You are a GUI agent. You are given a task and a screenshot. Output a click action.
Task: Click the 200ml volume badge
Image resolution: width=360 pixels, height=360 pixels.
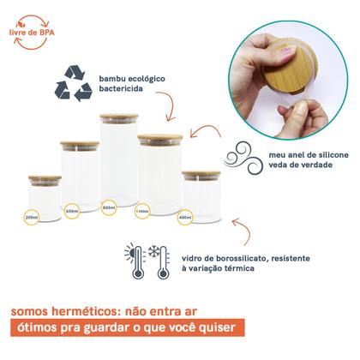click(32, 218)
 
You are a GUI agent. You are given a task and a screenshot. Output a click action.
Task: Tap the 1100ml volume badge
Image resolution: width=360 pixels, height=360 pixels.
click(142, 211)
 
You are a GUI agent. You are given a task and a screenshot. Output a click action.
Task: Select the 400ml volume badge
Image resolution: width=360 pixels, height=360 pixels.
click(185, 217)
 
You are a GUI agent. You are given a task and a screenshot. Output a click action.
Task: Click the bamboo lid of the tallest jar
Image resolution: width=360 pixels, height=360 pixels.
click(119, 117)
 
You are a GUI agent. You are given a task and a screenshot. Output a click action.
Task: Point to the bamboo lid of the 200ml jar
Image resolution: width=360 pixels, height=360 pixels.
click(45, 178)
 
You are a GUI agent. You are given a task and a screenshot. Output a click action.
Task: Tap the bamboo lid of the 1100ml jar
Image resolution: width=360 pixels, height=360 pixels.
click(159, 138)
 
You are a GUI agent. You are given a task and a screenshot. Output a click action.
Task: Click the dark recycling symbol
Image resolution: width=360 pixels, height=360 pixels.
click(74, 83)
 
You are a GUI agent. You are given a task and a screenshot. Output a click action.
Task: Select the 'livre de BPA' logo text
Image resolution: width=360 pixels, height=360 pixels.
click(32, 33)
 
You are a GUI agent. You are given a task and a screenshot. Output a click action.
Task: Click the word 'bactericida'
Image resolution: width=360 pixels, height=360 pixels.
click(121, 88)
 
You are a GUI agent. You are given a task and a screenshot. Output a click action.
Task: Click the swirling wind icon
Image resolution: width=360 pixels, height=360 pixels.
click(243, 158)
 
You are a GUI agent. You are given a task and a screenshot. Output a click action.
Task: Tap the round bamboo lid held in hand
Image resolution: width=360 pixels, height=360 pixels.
click(292, 68)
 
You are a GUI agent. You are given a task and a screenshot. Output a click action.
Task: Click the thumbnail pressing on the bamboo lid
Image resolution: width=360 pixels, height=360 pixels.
click(287, 56)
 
